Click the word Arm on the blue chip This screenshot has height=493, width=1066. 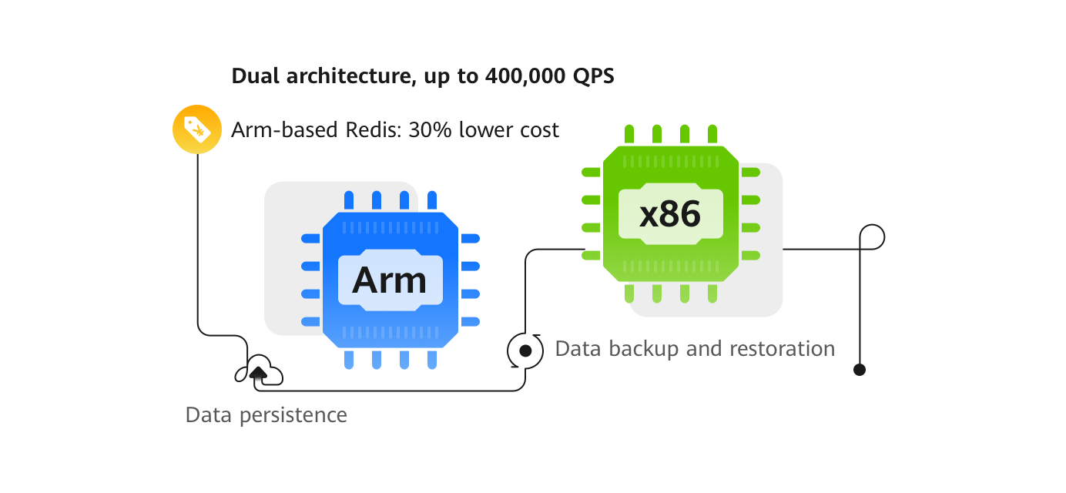click(389, 280)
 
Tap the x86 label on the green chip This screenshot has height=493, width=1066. click(670, 214)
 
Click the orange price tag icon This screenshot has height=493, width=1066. click(197, 129)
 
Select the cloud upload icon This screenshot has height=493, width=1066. click(260, 373)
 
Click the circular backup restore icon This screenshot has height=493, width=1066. click(525, 350)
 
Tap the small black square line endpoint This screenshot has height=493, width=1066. click(860, 370)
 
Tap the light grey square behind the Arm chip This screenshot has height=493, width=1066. click(289, 308)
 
